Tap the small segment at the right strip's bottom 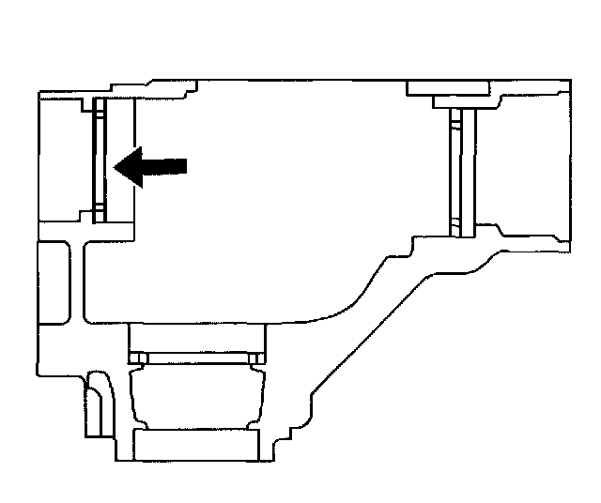point(456,225)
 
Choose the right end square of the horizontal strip point(255,359)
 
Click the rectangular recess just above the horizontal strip point(195,336)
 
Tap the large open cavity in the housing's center point(282,188)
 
